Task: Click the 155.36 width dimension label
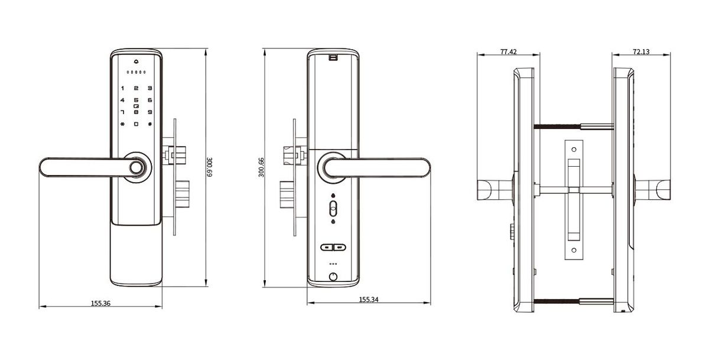click(x=100, y=303)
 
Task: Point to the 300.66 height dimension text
click(x=261, y=168)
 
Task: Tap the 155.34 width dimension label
click(x=369, y=300)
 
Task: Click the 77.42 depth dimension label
click(x=508, y=52)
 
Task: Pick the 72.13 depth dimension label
click(x=641, y=52)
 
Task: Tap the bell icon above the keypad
click(x=136, y=61)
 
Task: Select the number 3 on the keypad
click(x=150, y=88)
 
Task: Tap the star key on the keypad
click(x=122, y=124)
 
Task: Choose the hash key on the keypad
click(x=150, y=124)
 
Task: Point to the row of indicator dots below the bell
click(x=136, y=73)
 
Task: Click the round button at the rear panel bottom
click(x=333, y=277)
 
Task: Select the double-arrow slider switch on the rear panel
click(x=333, y=248)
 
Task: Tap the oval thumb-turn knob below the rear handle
click(x=333, y=209)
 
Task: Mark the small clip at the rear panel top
click(x=333, y=57)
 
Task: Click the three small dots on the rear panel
click(x=333, y=264)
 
